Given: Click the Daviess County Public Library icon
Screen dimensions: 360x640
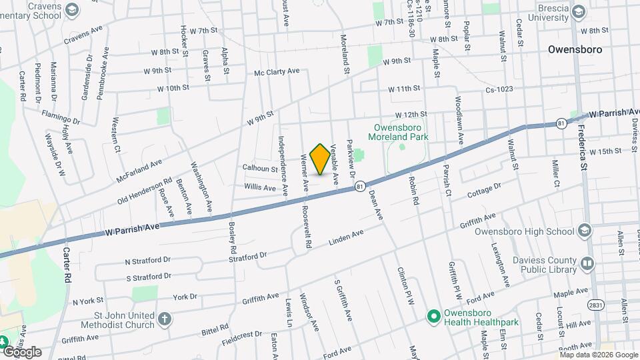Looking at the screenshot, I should (x=587, y=263).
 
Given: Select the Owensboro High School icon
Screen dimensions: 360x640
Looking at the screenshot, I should (x=585, y=231).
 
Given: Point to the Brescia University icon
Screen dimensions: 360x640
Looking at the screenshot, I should (x=579, y=12).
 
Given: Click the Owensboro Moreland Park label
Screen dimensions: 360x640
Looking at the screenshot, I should (x=400, y=131).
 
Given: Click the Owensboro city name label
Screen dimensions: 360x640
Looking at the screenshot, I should (x=575, y=49).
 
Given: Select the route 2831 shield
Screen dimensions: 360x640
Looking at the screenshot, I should (x=595, y=304).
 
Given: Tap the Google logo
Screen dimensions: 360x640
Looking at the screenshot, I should (x=22, y=351).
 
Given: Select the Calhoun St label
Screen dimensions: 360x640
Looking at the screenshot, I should (x=260, y=169).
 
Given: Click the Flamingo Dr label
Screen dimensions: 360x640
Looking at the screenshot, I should (x=61, y=117).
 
